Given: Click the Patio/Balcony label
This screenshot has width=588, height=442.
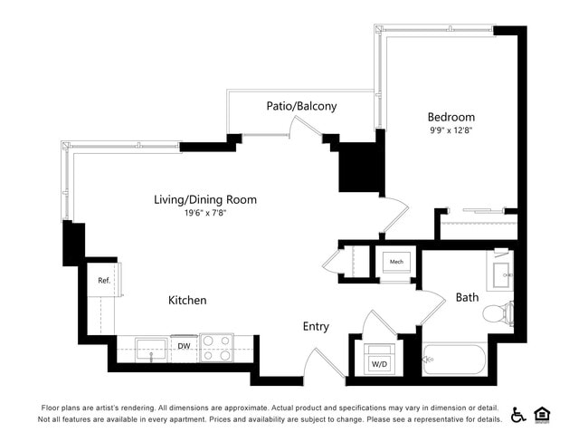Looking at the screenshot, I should click(301, 106).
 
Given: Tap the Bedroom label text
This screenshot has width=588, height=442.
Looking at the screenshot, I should click(450, 117).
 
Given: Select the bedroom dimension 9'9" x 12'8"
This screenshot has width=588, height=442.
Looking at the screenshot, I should click(450, 130).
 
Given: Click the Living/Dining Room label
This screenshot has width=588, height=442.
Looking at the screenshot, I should click(204, 199).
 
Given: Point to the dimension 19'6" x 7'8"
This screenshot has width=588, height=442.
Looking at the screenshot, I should click(204, 214).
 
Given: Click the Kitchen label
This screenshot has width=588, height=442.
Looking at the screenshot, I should click(187, 300).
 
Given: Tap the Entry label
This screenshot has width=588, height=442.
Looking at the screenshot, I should click(316, 326).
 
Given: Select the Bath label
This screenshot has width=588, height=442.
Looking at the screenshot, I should click(467, 297).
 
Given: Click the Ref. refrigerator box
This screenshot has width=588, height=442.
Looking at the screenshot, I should click(103, 281).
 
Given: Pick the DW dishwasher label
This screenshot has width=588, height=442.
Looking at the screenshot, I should click(184, 346).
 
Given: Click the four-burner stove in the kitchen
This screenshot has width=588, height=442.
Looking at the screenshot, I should click(216, 348).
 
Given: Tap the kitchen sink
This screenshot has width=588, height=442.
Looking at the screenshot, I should click(151, 349).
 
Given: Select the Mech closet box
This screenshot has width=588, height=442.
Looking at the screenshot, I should click(396, 263).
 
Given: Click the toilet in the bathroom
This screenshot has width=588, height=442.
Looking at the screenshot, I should click(498, 314).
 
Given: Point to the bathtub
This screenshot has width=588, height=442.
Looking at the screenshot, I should click(454, 359).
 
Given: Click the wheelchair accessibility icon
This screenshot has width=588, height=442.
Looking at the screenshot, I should click(518, 414).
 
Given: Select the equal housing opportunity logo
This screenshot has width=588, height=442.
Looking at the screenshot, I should click(543, 414).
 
